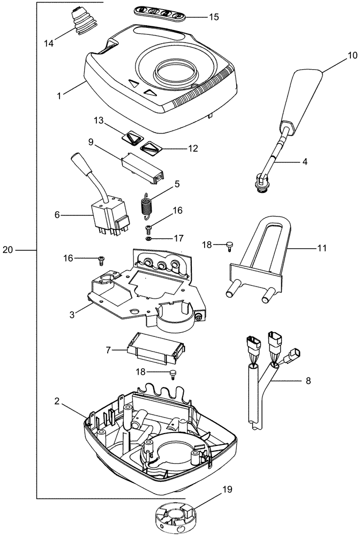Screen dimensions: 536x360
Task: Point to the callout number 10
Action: [x=352, y=55]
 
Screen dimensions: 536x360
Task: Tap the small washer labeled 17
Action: [x=153, y=238]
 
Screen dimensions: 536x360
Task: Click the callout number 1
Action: [x=60, y=95]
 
